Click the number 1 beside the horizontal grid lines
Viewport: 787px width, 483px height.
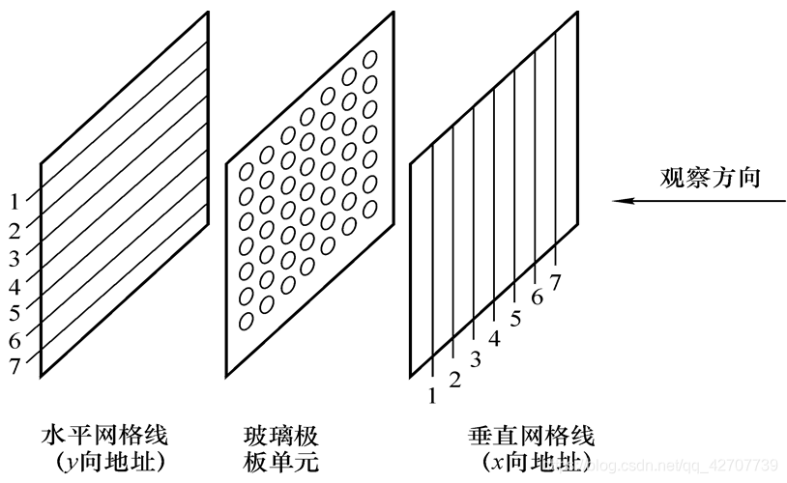tap(15, 202)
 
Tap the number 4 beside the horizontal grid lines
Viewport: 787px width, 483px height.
tap(15, 286)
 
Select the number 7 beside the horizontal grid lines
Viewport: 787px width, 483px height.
tap(15, 368)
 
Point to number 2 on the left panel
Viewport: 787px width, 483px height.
tap(15, 230)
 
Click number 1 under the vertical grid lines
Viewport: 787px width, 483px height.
tap(432, 394)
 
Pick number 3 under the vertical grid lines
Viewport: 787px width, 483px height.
tap(475, 360)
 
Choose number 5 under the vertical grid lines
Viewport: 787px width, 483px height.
tap(515, 318)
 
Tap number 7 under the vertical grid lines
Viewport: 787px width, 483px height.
tap(555, 282)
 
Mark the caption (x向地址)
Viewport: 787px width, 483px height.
tap(529, 462)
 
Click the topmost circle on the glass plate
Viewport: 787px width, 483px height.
tap(369, 60)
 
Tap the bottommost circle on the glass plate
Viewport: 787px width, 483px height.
tap(247, 321)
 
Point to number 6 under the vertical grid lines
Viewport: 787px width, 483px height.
tap(537, 298)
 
